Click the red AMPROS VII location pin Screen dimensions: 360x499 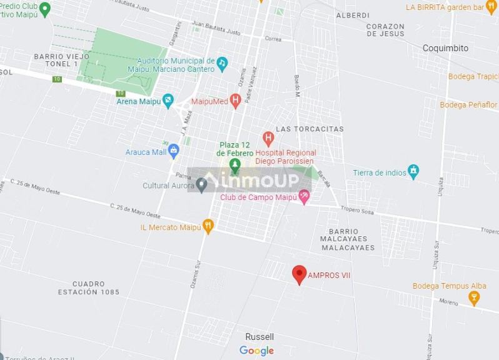point(300,274)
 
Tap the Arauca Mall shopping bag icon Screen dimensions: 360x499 point(174,151)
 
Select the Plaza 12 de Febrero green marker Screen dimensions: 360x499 point(235,166)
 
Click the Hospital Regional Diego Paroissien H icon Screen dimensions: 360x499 point(268,137)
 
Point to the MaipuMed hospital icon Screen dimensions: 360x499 point(235,100)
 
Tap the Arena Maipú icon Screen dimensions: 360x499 point(168,100)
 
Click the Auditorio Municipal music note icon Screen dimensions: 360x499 point(222,63)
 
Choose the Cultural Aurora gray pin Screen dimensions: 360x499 point(201,184)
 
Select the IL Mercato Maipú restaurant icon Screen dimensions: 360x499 point(208,226)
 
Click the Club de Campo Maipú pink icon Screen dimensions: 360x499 point(305,197)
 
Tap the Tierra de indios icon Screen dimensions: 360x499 point(413,171)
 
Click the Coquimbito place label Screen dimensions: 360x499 point(445,48)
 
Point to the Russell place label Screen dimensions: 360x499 point(260,337)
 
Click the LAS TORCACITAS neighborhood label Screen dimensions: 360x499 point(310,129)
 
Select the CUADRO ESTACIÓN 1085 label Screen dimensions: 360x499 point(88,287)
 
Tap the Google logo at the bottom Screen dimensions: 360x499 point(256,351)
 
